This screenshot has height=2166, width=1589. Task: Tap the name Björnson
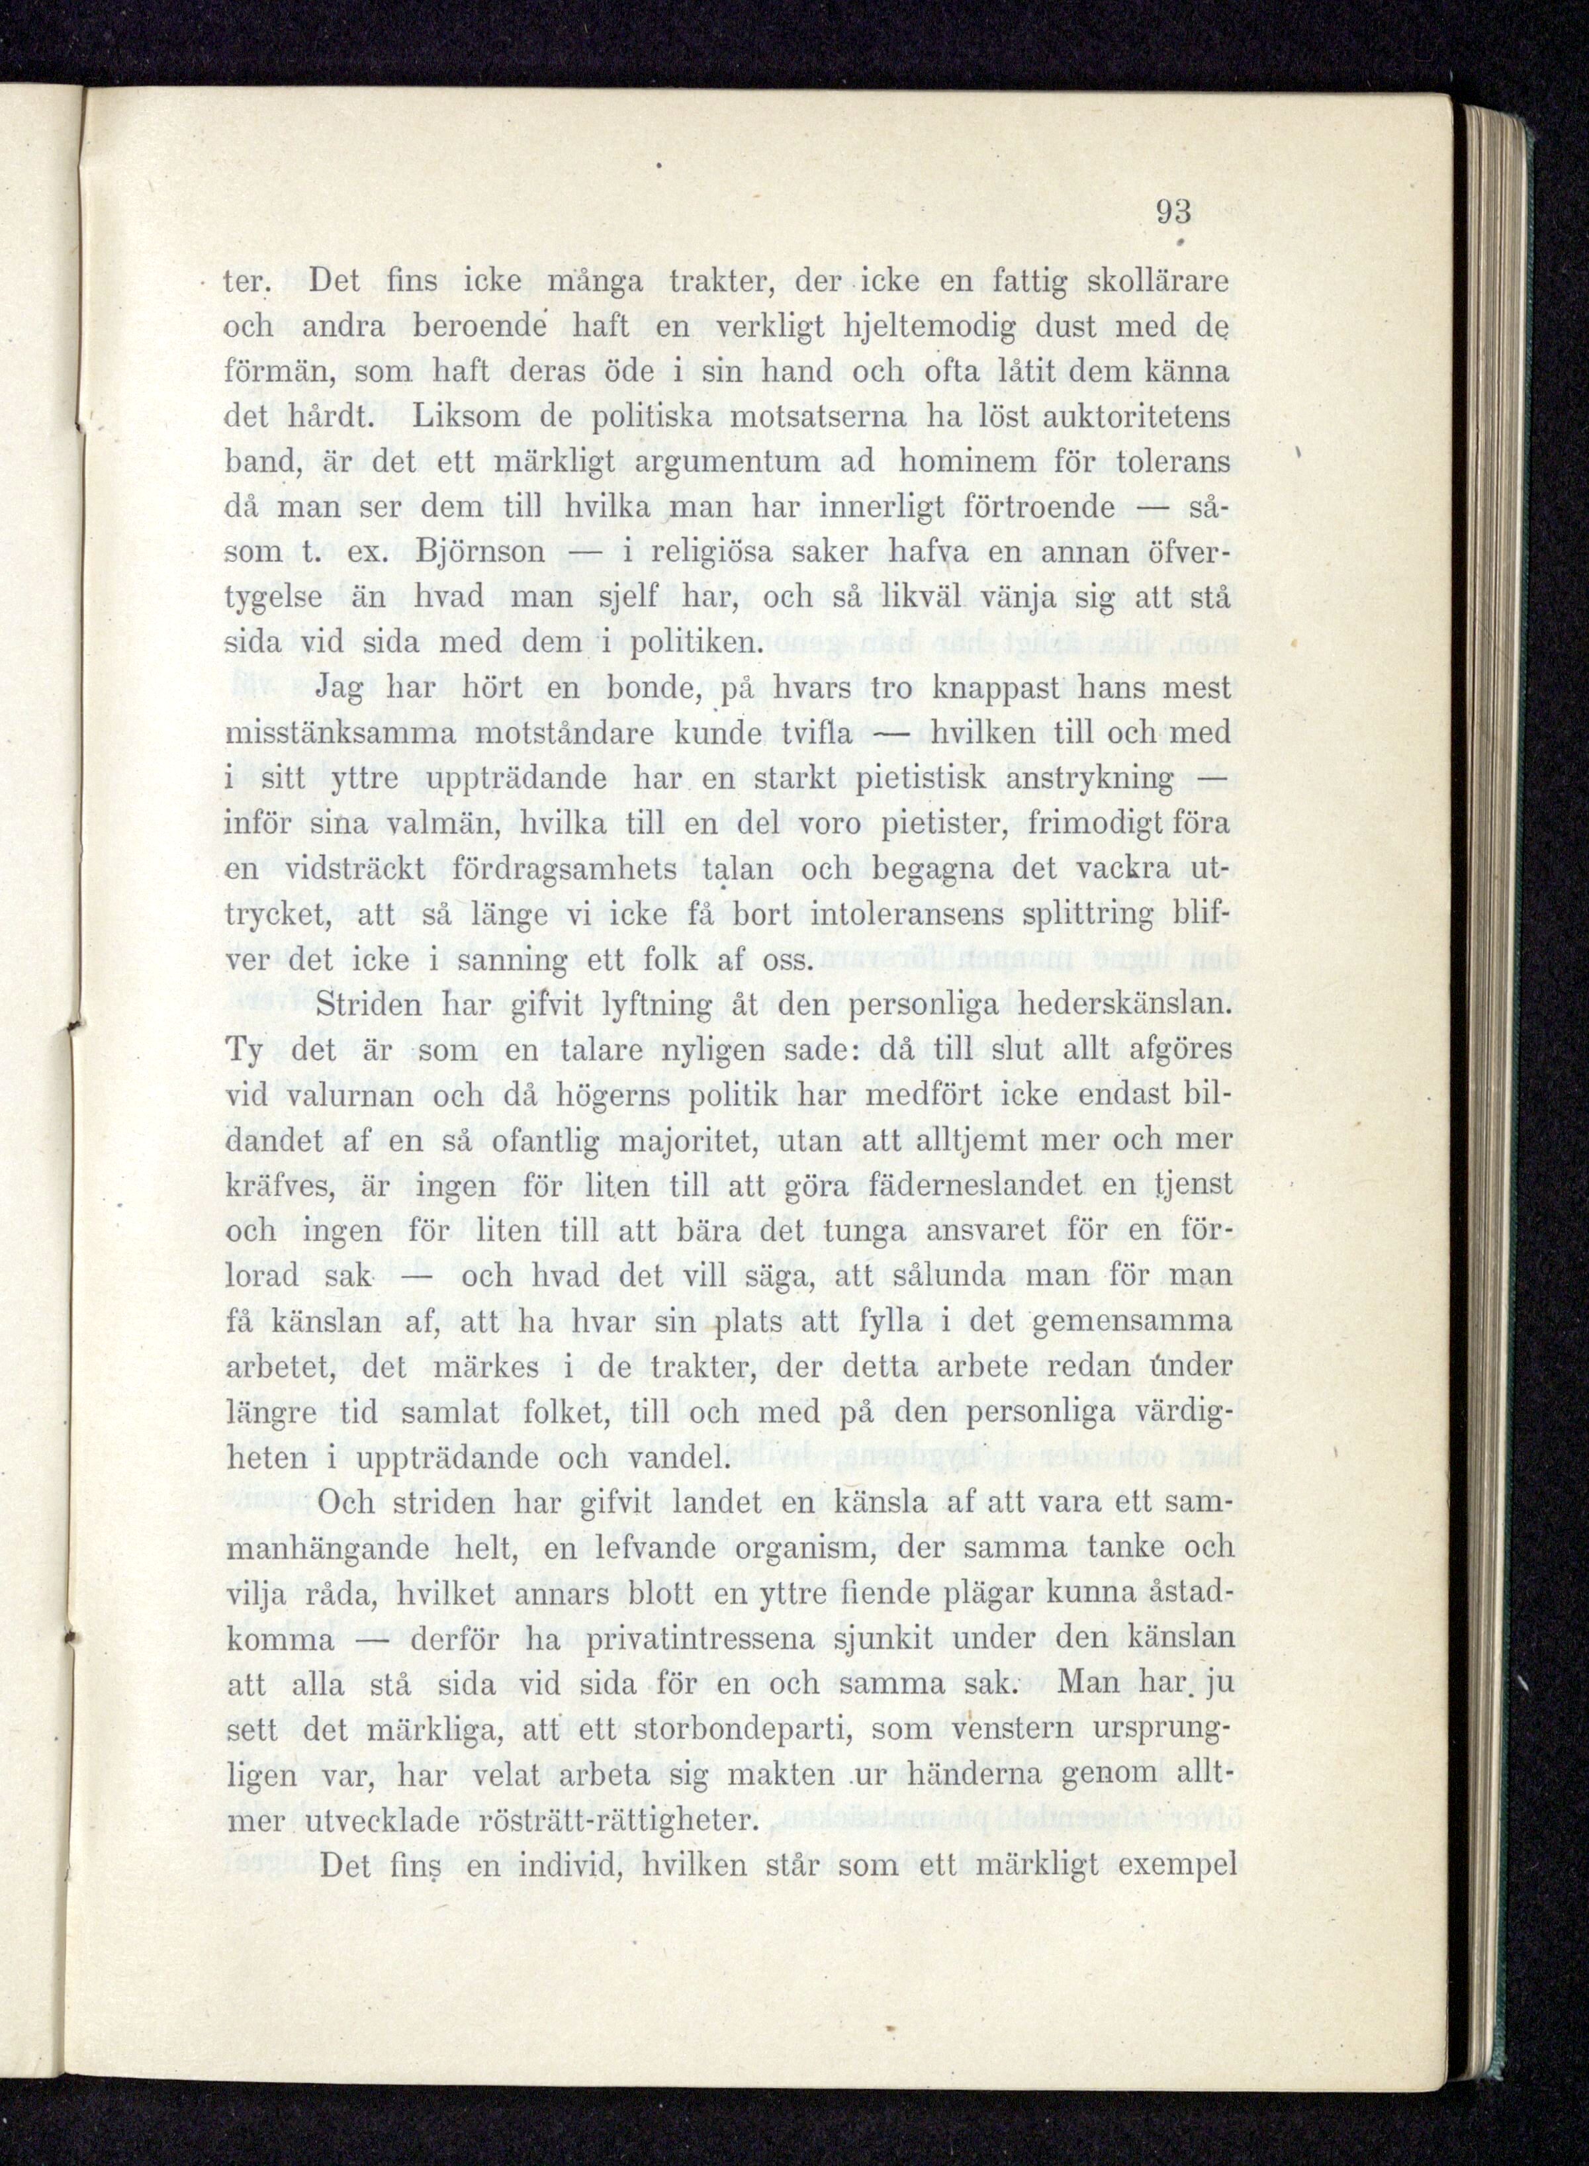(x=481, y=553)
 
